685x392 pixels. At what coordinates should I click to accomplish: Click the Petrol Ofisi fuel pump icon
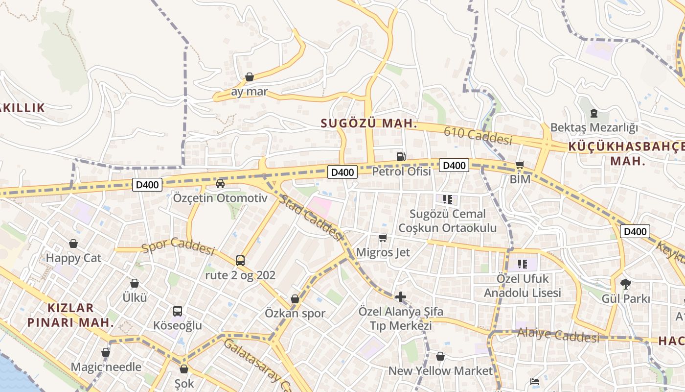[401, 157]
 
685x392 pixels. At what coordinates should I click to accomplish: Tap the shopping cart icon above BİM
[520, 165]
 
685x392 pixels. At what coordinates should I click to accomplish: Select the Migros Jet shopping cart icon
[383, 238]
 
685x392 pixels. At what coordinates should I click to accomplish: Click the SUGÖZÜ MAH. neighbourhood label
[369, 123]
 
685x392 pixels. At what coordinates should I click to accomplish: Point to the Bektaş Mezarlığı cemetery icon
[594, 114]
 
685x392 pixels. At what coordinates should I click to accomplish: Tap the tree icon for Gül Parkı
[625, 284]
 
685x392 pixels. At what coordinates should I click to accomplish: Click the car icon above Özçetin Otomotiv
[220, 184]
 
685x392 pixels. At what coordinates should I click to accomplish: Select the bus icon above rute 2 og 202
[240, 260]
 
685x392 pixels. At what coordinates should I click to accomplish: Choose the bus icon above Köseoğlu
[178, 311]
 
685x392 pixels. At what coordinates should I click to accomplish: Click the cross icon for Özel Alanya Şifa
[401, 297]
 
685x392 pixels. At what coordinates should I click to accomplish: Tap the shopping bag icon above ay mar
[250, 77]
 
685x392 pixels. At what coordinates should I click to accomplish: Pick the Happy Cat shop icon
[73, 244]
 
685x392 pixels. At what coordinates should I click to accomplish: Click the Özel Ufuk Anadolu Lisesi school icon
[523, 265]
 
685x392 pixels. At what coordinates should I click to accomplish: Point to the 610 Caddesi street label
[478, 135]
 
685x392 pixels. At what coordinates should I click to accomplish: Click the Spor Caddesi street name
[178, 247]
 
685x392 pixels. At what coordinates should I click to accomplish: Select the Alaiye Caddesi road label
[558, 336]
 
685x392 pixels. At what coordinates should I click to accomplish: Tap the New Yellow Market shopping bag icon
[440, 356]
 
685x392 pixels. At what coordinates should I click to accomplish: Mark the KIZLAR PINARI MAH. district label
[70, 315]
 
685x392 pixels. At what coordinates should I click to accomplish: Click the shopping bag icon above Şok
[184, 369]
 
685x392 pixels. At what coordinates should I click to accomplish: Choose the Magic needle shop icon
[106, 352]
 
